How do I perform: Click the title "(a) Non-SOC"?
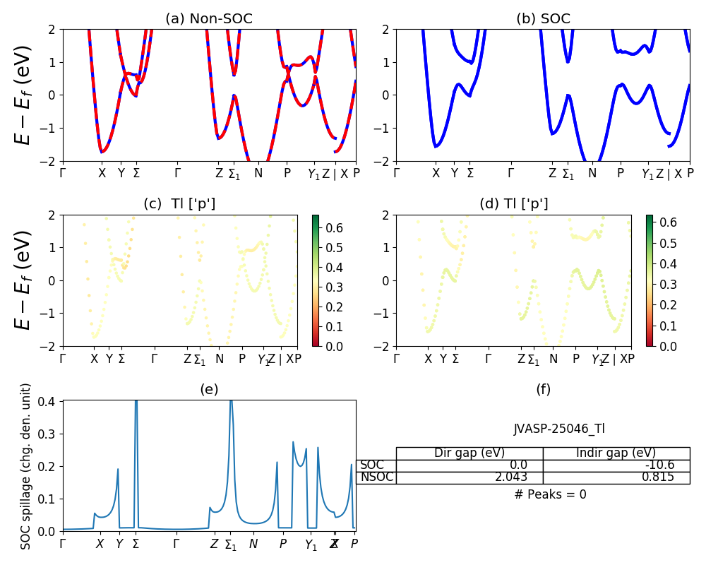209,19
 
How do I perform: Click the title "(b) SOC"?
543,19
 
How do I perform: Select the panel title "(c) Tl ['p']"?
180,204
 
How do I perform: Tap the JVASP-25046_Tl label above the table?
558,429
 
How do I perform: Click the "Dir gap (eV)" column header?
469,453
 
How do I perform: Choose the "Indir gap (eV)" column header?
616,453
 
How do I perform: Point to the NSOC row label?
376,477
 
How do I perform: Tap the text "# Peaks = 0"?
550,494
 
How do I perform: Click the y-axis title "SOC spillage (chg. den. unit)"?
26,466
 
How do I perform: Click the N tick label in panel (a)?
258,173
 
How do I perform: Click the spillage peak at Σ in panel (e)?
136,403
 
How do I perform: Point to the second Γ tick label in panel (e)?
176,544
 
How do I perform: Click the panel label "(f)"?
543,389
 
